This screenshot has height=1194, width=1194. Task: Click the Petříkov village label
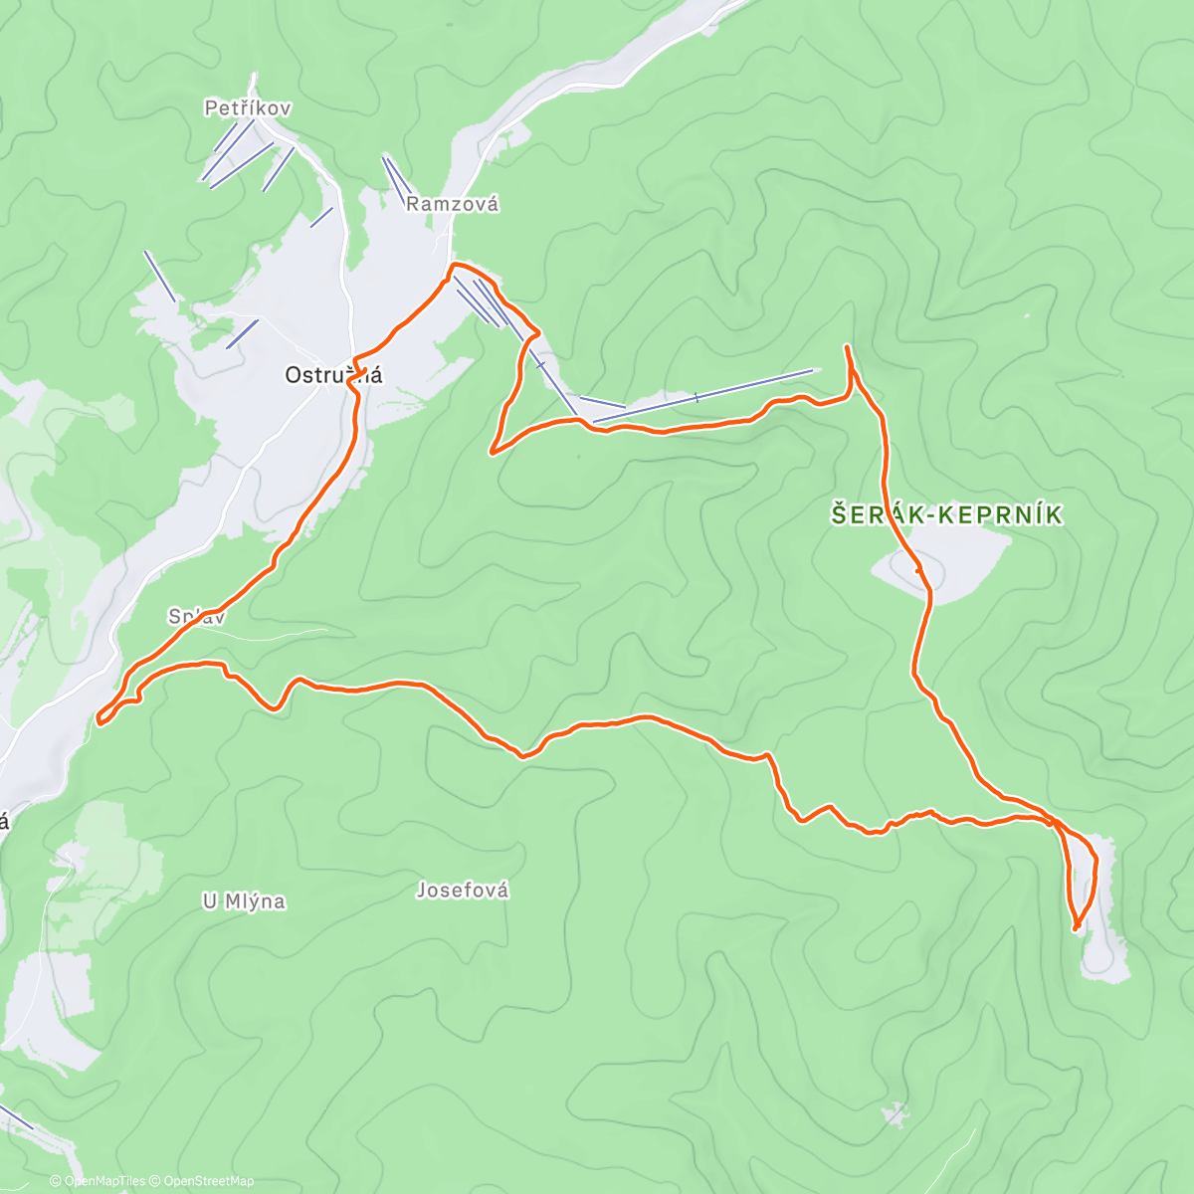point(248,107)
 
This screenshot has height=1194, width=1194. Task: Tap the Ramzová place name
point(452,204)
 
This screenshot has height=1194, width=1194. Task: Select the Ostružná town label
point(333,375)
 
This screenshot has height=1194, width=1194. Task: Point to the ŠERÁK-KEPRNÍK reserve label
point(946,514)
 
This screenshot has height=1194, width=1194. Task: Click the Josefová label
point(463,891)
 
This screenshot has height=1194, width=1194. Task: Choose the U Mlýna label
point(244,901)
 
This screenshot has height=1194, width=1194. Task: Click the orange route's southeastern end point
point(1077,928)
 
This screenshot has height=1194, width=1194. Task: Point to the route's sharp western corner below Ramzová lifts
point(492,452)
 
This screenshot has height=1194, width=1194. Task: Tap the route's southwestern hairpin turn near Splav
point(100,717)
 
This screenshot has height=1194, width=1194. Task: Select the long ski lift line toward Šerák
point(701,396)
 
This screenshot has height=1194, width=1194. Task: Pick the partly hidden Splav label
point(196,617)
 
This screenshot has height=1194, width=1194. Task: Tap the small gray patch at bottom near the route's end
point(895,1113)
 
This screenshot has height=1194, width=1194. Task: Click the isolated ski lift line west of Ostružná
point(159,276)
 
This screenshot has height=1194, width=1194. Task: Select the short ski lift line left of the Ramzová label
point(396,177)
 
